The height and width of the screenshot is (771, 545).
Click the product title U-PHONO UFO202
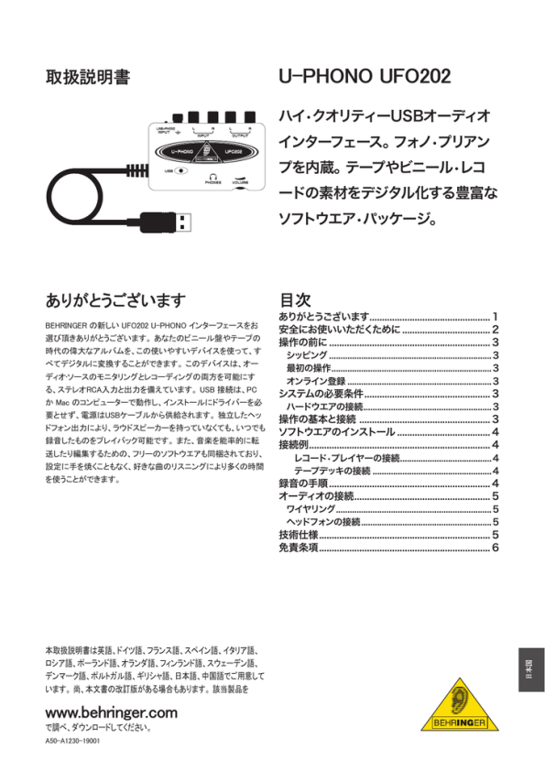364,77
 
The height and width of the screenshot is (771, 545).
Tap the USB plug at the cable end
175,222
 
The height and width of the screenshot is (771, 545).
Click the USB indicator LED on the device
180,169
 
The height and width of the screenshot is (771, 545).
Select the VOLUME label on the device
239,183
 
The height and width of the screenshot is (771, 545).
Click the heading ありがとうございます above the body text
115,300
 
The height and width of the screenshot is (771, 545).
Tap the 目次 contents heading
295,300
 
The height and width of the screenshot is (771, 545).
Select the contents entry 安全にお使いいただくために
339,330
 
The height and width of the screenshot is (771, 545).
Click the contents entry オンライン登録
316,381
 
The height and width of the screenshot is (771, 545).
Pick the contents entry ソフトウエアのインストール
337,432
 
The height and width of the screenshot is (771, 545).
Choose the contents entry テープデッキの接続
332,471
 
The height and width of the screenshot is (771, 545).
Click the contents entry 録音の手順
303,483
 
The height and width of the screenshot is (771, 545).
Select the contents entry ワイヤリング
311,509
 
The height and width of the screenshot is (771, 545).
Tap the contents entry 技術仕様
299,535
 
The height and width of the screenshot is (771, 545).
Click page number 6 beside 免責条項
495,548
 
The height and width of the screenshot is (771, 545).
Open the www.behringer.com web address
111,711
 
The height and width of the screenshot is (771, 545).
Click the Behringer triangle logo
460,706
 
